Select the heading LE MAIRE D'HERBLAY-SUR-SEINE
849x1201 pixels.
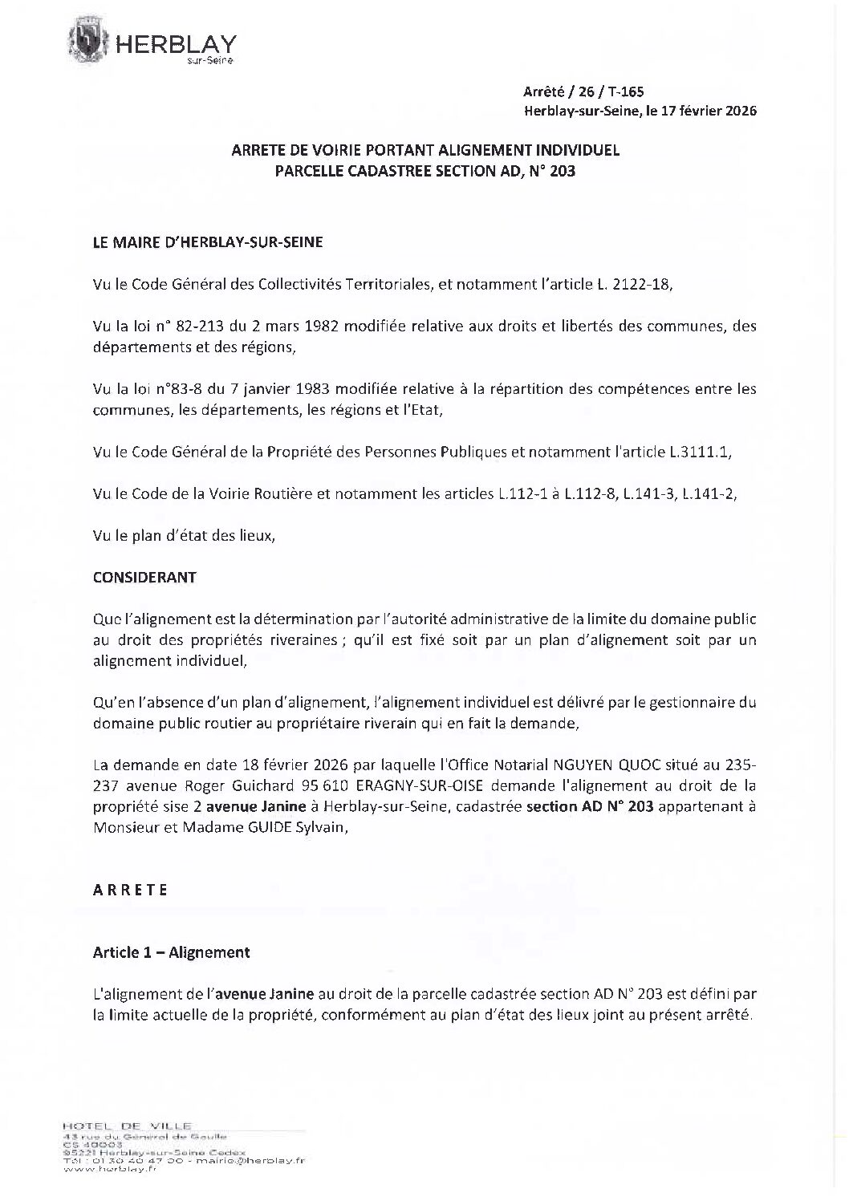coord(208,241)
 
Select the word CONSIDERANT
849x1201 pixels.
coord(144,577)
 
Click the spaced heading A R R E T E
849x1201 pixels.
coord(130,890)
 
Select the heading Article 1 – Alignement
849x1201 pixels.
coord(171,952)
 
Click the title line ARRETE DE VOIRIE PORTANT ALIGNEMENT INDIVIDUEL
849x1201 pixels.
coord(424,150)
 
